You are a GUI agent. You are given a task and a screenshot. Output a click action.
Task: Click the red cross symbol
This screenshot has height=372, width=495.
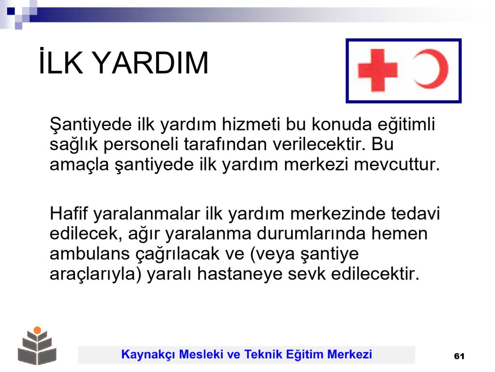(378, 70)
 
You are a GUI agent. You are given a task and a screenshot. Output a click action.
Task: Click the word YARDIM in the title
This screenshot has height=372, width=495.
(151, 62)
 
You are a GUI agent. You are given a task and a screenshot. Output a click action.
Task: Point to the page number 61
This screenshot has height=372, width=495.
(459, 356)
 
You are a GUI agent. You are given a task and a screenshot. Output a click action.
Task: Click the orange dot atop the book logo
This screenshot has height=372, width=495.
(37, 330)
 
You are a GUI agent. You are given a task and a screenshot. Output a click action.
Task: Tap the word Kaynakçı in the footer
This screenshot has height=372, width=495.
(148, 354)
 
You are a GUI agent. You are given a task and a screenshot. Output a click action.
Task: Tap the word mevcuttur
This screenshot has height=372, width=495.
(396, 165)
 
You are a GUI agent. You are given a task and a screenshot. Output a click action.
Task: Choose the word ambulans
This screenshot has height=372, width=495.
(89, 254)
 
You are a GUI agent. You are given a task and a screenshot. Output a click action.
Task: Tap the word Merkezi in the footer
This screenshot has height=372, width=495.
(350, 354)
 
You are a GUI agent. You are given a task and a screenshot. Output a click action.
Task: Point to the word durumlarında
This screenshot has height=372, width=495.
(311, 234)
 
